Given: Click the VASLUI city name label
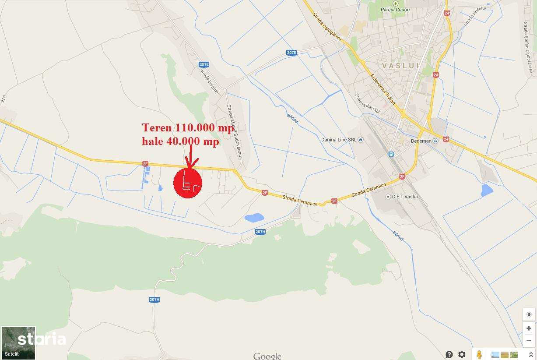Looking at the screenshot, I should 400,66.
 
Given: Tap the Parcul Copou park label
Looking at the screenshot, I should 395,9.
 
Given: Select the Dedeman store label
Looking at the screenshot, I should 421,141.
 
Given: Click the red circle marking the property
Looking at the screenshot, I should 188,184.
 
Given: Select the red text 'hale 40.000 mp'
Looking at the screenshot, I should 180,141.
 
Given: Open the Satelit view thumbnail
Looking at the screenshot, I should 18,342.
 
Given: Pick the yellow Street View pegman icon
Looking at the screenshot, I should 480,354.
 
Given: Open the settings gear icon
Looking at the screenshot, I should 462,354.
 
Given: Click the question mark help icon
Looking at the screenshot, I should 449,354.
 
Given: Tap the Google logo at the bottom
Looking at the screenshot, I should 267,356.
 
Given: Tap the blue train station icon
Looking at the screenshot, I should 391,154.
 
